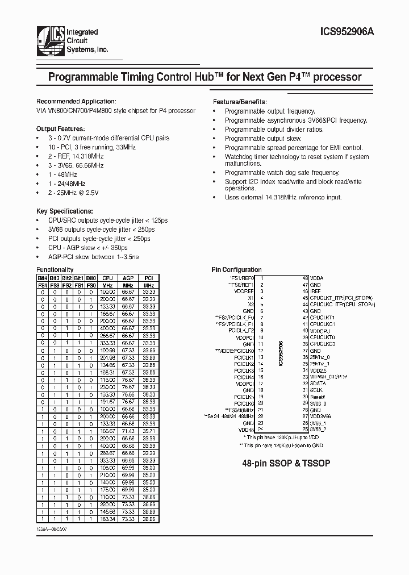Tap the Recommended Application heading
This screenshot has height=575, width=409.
76,101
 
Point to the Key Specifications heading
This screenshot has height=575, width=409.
64,210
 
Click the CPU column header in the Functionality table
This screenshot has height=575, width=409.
107,278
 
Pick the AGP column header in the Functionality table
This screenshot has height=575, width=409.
128,278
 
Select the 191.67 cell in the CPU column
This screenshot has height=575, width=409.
107,401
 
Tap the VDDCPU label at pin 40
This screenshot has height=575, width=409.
320,330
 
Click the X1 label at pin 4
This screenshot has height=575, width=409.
251,297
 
